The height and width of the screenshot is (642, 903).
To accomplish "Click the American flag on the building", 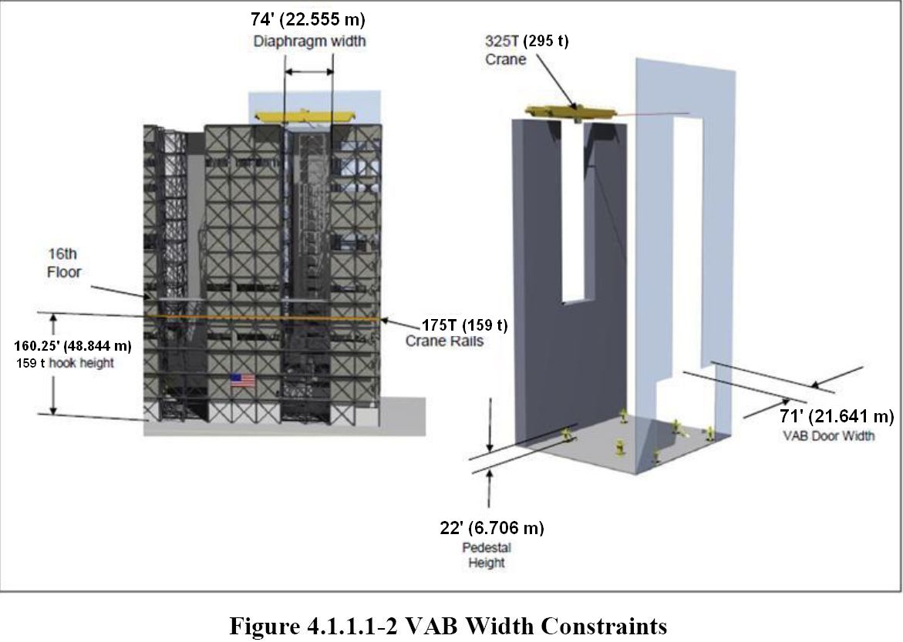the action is click(242, 380).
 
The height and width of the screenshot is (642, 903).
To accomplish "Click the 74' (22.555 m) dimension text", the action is click(308, 19).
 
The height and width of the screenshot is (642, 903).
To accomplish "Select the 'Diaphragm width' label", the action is click(310, 42).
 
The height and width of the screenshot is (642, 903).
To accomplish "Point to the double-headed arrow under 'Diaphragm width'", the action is click(309, 72).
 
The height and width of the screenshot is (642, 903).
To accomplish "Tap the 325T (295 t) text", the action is click(527, 41).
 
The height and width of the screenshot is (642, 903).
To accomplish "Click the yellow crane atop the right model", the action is click(570, 113).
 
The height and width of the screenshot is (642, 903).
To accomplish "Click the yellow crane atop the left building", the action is click(306, 117).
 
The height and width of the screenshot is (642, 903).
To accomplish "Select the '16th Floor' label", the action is click(64, 263).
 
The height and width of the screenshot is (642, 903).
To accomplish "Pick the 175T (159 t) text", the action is click(465, 325).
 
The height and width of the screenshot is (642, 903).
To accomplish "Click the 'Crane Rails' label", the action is click(445, 341).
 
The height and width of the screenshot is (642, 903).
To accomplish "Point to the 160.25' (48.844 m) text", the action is click(72, 346).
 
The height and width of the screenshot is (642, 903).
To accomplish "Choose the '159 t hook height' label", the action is click(65, 363).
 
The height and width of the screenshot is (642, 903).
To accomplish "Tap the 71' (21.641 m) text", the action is click(837, 415).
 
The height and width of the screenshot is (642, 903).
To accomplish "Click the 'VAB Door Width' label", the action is click(829, 436).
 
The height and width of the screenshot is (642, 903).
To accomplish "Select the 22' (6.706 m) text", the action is click(492, 527).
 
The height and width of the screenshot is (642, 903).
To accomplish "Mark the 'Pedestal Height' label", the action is click(487, 555).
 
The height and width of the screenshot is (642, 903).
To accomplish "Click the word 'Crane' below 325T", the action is click(506, 59).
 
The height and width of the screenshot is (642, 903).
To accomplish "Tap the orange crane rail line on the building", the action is click(263, 318).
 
